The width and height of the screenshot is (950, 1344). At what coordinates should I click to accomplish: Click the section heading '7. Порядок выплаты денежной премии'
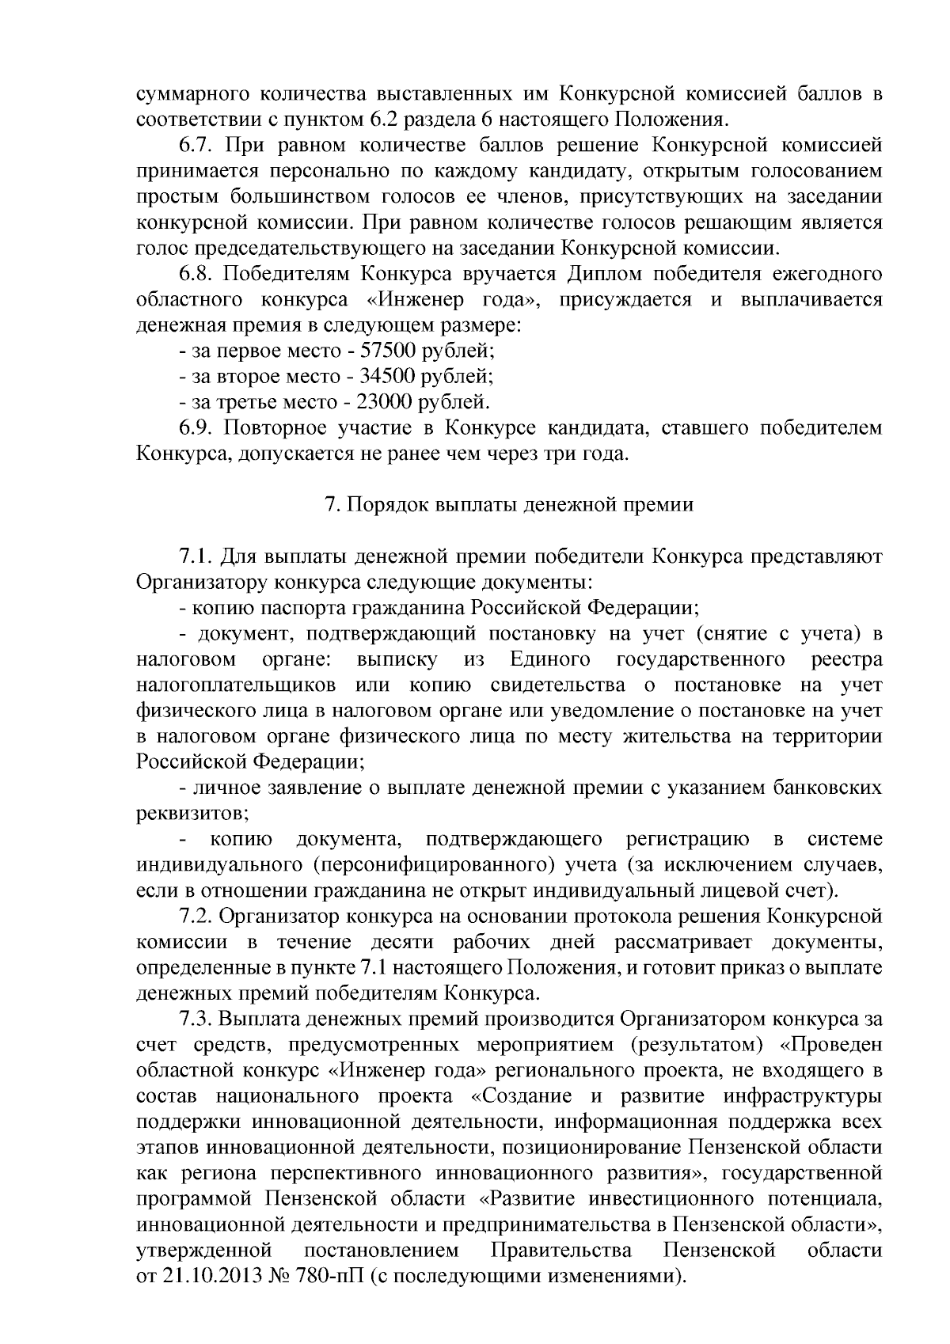point(510,505)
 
